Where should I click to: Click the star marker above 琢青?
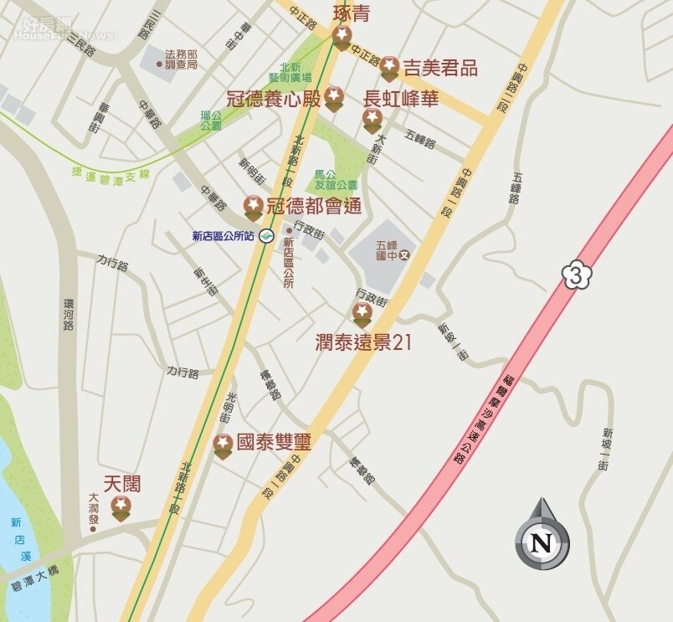click(x=342, y=36)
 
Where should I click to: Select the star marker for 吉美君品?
click(x=389, y=68)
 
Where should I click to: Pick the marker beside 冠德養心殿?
click(x=334, y=97)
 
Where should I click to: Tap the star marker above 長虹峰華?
click(x=372, y=120)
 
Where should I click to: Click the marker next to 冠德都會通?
click(x=254, y=207)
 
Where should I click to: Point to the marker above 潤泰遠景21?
click(x=362, y=315)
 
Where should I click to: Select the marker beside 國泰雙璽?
click(x=223, y=445)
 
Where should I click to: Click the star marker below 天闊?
click(x=121, y=506)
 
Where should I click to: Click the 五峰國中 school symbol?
click(x=404, y=254)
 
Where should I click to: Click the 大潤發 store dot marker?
click(x=93, y=528)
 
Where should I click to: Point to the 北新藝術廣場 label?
click(x=295, y=72)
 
